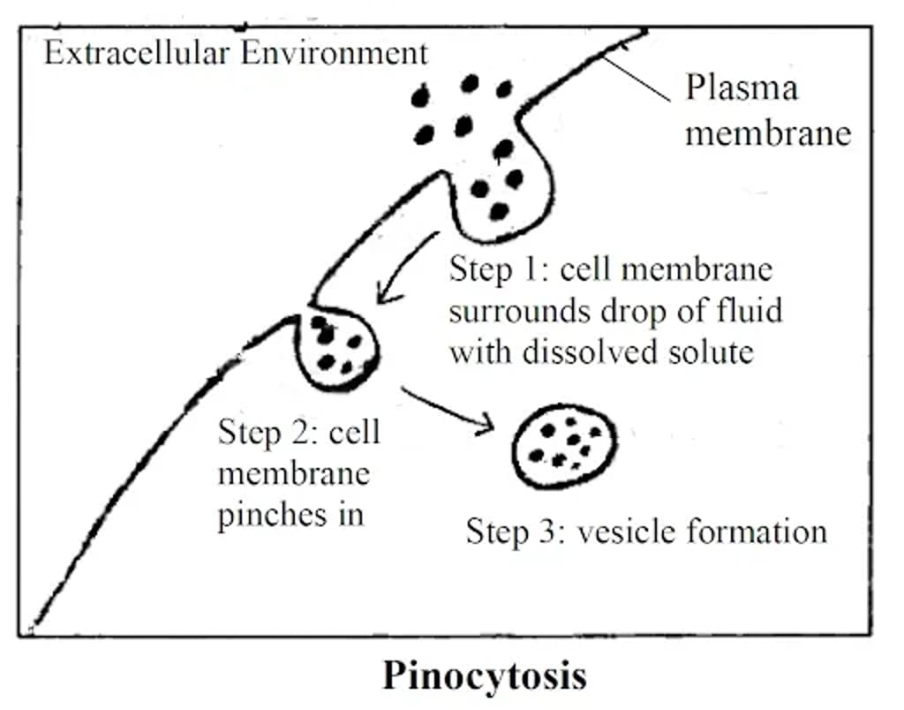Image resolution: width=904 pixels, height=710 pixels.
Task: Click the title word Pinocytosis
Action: pos(484,676)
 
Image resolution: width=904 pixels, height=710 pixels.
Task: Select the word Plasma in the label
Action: pos(742,89)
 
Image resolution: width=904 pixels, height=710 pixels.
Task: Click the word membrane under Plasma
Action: pos(769,133)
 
